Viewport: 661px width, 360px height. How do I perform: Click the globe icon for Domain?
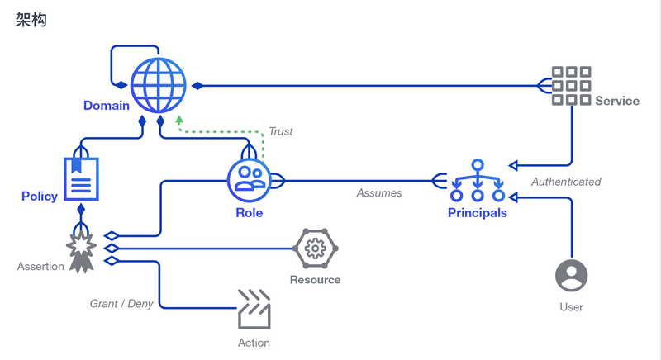158,85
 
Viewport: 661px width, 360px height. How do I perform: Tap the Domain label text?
107,106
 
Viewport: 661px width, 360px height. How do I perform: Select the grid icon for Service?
571,86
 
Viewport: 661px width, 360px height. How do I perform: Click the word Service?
616,101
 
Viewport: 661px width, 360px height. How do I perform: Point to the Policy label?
40,197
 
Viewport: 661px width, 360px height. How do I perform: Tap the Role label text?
249,213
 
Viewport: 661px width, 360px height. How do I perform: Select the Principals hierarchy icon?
477,182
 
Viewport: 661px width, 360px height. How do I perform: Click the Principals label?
477,213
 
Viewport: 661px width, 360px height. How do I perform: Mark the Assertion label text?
40,267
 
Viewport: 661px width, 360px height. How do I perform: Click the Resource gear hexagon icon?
314,248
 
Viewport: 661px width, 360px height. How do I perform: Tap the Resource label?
315,280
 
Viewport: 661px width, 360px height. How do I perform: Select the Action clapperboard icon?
254,310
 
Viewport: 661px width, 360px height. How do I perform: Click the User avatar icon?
571,276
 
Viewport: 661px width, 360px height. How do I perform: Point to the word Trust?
281,131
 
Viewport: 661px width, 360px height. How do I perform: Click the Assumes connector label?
379,193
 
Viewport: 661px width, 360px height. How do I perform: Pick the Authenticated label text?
566,182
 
